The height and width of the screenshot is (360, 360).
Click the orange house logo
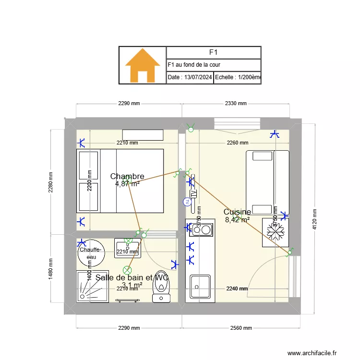point(143,65)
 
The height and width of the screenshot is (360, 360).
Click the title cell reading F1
point(214,52)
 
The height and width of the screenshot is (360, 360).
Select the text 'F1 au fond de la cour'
point(194,65)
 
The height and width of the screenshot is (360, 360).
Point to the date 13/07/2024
point(190,77)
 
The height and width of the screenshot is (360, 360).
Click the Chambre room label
point(127,176)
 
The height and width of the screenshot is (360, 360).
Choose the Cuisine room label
point(237,212)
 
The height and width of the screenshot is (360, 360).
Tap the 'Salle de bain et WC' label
point(132,277)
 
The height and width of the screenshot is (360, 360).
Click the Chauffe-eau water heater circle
point(90,252)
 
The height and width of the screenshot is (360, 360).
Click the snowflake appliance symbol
point(276,232)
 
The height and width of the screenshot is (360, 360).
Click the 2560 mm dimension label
point(241,328)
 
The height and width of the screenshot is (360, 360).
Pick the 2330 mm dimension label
point(236,103)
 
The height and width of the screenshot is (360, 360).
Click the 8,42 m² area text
point(237,220)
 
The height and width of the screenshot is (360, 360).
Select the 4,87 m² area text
point(127,183)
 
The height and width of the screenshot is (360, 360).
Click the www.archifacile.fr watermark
point(312,353)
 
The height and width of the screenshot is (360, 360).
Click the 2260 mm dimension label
point(238,143)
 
